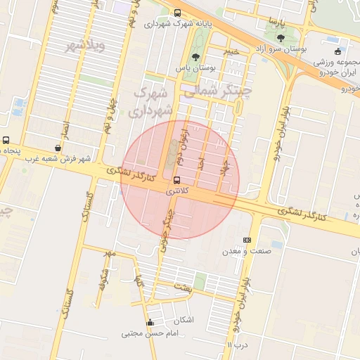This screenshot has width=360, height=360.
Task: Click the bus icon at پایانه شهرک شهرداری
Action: [x=176, y=13]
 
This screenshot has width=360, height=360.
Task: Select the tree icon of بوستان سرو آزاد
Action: [x=281, y=38]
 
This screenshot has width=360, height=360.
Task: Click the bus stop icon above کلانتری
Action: [x=176, y=179]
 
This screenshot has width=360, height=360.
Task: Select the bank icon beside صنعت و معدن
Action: [x=246, y=240]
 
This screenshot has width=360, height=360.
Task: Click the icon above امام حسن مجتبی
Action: [x=149, y=323]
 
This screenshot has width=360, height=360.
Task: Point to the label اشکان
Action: [x=181, y=320]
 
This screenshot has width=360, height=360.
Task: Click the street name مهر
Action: [x=108, y=252]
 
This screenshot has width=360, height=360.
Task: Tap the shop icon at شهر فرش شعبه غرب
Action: [x=58, y=148]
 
